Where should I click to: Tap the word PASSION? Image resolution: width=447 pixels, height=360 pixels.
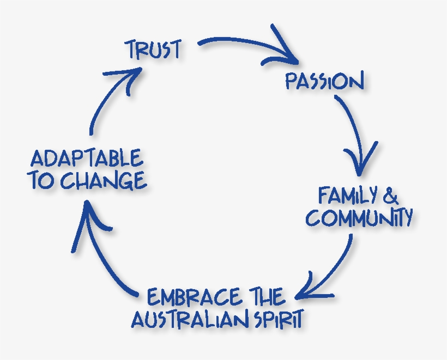[324, 82]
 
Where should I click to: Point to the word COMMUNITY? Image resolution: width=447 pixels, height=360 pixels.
[359, 217]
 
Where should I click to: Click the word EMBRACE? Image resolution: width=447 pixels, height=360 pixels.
[194, 297]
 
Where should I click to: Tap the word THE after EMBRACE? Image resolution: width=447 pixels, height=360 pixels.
[265, 297]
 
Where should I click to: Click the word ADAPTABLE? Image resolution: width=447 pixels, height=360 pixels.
[87, 159]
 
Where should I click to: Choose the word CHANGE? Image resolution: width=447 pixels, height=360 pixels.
[103, 181]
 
